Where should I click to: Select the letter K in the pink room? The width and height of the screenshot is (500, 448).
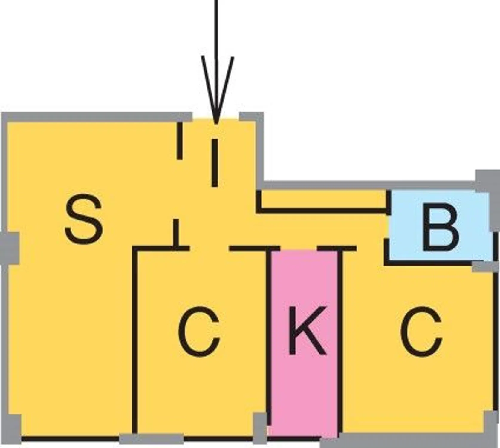click(307, 330)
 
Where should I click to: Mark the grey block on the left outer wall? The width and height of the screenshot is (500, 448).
click(10, 248)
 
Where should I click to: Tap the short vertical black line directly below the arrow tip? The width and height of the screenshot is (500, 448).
click(215, 163)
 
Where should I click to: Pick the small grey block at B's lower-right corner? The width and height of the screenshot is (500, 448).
click(482, 266)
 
